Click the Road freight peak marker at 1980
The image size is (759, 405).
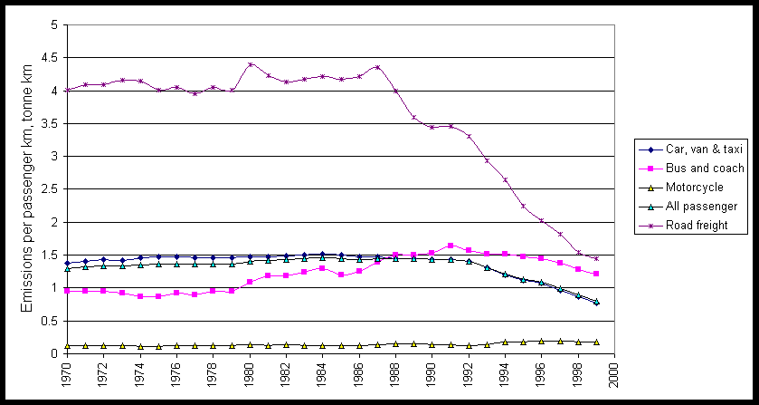coord(250,64)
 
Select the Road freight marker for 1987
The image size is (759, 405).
coord(377,67)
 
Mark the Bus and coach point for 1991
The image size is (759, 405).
coord(451,246)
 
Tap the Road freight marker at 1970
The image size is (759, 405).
coord(67,90)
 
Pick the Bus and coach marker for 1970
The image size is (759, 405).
coord(67,290)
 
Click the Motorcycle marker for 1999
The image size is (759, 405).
coord(596,342)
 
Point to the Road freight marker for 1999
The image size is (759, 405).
coord(596,258)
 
